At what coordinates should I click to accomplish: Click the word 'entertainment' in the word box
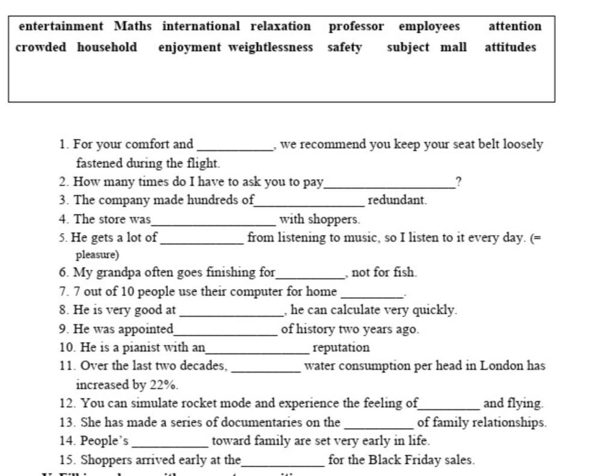click(61, 26)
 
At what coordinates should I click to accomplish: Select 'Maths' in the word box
click(133, 26)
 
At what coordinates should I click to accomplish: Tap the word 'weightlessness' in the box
click(270, 47)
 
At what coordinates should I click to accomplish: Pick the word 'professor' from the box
click(356, 26)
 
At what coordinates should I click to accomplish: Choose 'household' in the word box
click(106, 47)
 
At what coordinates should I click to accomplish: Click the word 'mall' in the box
click(453, 47)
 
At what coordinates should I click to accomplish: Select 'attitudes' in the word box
click(510, 47)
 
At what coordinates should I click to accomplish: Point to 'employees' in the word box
click(429, 26)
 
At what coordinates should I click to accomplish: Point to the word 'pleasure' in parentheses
click(97, 254)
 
